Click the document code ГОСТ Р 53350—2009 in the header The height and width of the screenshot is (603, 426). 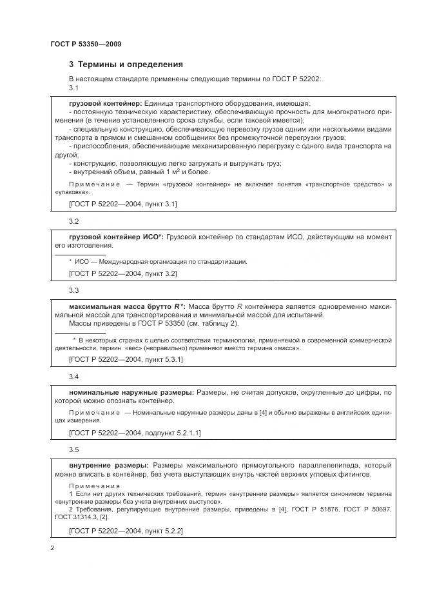(86, 44)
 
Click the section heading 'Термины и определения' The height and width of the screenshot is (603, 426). (126, 64)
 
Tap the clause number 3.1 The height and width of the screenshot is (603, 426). (73, 88)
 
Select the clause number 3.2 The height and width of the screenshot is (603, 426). (73, 221)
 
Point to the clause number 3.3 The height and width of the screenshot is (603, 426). (73, 290)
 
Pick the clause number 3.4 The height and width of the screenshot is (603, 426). (73, 376)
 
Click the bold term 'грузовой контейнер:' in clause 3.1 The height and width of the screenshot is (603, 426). (105, 103)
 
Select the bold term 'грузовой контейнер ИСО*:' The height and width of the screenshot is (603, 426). (116, 237)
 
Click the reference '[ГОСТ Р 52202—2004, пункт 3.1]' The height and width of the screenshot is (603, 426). (122, 204)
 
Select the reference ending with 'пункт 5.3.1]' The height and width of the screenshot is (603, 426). (125, 359)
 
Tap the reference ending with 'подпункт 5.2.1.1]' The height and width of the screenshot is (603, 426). (134, 433)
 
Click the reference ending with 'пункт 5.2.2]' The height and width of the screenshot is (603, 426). (125, 531)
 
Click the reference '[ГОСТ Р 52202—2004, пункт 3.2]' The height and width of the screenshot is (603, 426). (122, 273)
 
